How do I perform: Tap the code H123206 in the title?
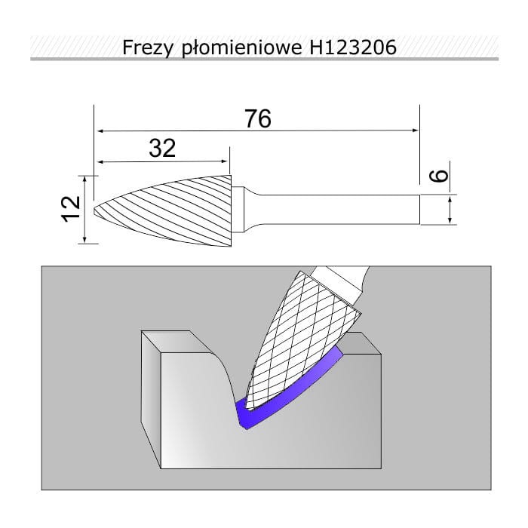coord(353,47)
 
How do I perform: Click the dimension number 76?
coord(258,118)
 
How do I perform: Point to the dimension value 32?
coord(162,148)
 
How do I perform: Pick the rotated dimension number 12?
coord(71,209)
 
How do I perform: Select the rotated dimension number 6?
coord(439,176)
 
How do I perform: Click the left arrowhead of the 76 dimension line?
coord(100,130)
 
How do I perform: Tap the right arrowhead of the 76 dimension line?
coord(416,130)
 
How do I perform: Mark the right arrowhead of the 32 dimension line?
coord(225,161)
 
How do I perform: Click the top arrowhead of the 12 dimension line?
coord(84,179)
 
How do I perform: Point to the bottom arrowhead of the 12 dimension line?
coord(84,239)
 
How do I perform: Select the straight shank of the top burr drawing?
coord(340,209)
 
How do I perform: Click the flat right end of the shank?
coord(420,209)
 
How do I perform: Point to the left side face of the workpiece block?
coord(152,399)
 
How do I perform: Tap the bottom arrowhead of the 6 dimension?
coord(450,220)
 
